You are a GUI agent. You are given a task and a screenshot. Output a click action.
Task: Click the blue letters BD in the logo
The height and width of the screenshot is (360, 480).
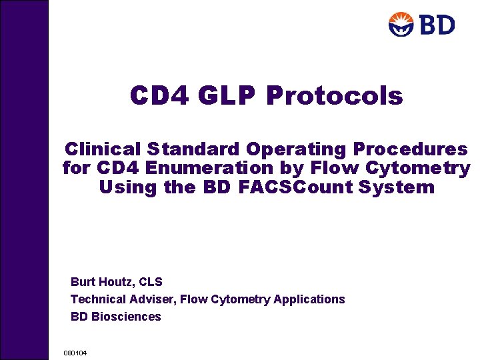(436, 25)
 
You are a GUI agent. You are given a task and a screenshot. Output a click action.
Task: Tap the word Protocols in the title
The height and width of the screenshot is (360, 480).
(335, 96)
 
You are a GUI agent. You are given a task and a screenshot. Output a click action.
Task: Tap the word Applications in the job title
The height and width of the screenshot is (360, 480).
(309, 299)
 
